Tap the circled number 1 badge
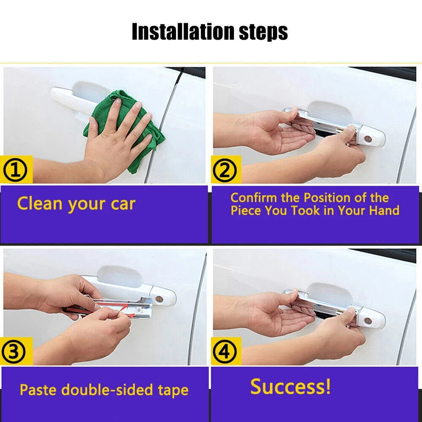coord(15,170)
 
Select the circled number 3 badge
coord(14,352)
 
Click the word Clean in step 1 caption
coord(40,203)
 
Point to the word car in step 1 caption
coord(123,205)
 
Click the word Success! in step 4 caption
coord(290,387)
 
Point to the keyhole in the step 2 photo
coord(368,139)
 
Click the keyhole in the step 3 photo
coord(160,299)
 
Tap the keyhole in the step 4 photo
coord(368,321)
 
